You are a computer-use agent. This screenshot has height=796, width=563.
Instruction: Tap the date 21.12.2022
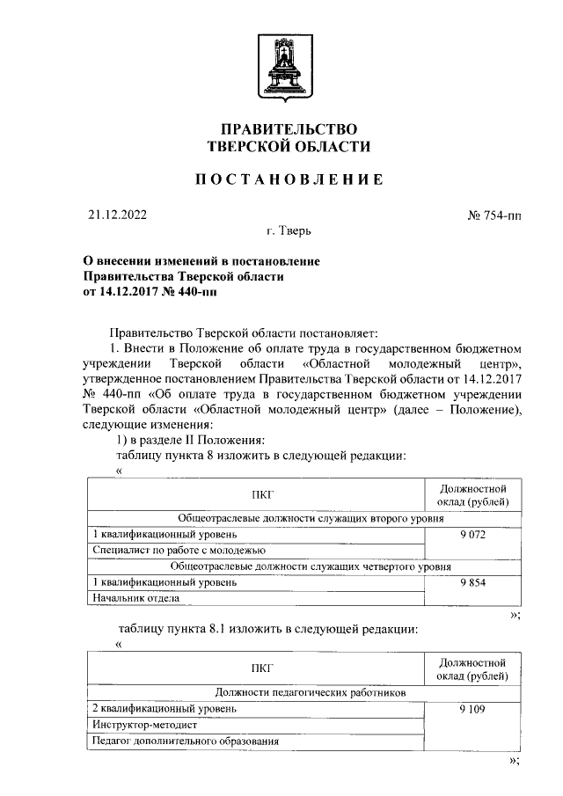point(118,214)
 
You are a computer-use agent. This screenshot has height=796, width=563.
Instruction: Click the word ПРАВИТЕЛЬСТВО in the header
point(288,129)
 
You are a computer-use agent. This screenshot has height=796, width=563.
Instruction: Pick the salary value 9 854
point(472,582)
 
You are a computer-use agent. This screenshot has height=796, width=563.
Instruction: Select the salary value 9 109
point(472,708)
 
